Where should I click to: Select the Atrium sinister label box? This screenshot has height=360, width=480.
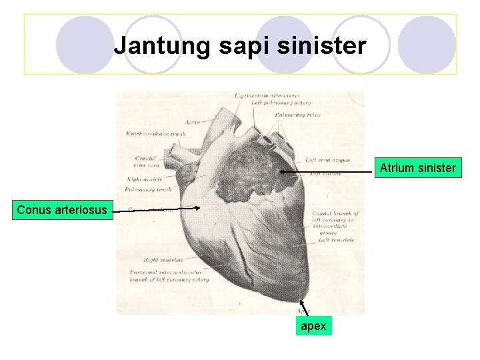[418, 168]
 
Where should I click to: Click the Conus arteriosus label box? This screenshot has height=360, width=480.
[61, 210]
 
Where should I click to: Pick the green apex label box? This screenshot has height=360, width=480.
[313, 326]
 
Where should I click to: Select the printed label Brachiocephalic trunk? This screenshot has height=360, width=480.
[155, 134]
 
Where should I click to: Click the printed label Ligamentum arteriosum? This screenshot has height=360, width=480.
[267, 96]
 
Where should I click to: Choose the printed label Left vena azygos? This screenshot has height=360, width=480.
[325, 160]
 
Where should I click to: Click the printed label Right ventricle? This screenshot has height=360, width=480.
[163, 260]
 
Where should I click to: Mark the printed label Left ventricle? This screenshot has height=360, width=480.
[336, 240]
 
